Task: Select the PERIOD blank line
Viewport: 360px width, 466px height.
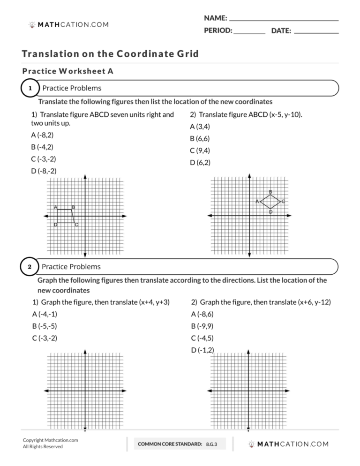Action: (249, 32)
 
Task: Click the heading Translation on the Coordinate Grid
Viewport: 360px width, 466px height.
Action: (110, 54)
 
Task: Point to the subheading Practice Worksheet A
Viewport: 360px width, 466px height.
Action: (67, 72)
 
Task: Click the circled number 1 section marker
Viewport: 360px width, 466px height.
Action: (30, 88)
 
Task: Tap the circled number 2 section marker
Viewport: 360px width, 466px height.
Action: (30, 267)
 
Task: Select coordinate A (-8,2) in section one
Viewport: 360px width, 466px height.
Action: (43, 135)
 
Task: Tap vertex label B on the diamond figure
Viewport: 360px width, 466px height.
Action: (270, 192)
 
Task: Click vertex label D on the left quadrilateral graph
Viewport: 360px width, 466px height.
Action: (55, 225)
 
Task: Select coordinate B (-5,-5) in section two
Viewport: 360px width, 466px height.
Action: (45, 326)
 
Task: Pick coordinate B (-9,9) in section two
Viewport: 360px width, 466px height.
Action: (202, 326)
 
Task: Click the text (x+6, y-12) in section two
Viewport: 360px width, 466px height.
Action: (314, 302)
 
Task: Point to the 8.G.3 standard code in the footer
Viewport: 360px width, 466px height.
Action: (212, 443)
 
